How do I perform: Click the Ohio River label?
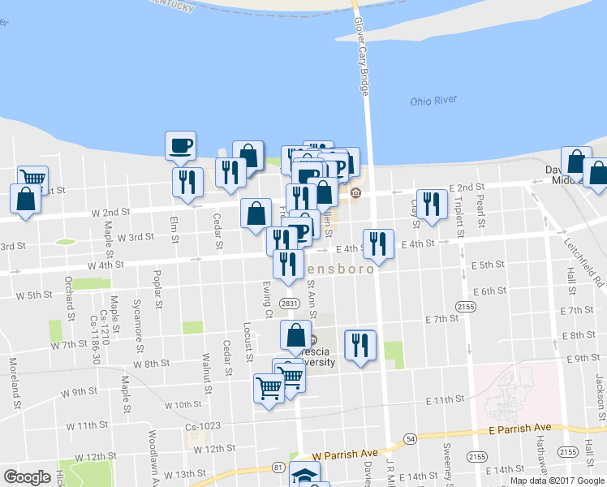tap(433, 101)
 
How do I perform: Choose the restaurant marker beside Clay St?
tap(432, 204)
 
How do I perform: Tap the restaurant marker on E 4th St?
tap(378, 243)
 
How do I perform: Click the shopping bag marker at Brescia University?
tap(295, 334)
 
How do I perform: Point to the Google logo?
tap(27, 477)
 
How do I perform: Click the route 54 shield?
tap(412, 438)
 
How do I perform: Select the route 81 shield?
tap(278, 467)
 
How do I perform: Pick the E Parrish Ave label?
tap(519, 429)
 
